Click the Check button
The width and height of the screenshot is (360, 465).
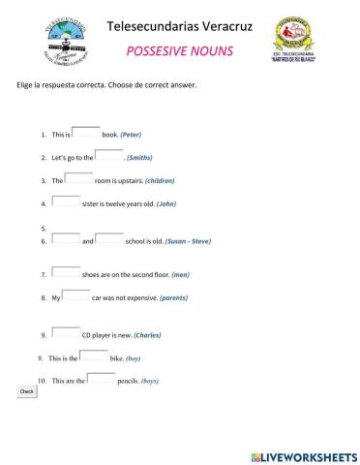tap(27, 391)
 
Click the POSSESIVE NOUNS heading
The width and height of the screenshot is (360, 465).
tap(179, 51)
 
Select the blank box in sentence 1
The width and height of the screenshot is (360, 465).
tap(86, 132)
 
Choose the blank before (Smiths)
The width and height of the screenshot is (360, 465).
tap(108, 155)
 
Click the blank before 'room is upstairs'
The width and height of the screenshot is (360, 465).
tap(79, 178)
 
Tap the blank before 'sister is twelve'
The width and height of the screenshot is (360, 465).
tap(67, 201)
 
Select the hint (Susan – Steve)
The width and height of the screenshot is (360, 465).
tap(188, 241)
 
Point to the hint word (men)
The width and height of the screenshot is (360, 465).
tap(180, 275)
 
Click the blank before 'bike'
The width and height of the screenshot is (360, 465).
tap(95, 356)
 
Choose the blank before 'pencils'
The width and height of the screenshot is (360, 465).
tap(101, 379)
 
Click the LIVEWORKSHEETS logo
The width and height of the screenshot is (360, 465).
tap(304, 456)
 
